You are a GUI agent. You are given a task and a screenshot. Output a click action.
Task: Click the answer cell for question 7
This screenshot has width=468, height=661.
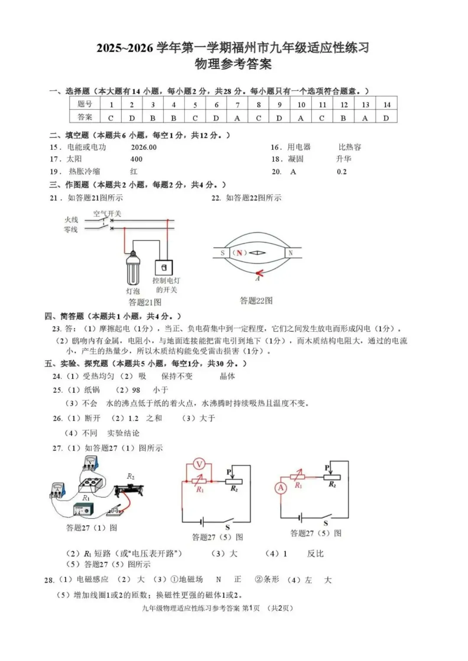click(x=237, y=118)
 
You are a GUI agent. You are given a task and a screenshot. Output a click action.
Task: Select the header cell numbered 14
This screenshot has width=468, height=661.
click(x=387, y=105)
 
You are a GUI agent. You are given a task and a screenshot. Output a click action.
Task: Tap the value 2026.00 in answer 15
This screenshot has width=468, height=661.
click(x=144, y=147)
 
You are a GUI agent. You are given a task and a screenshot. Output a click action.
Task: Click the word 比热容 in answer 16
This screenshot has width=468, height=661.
click(x=350, y=147)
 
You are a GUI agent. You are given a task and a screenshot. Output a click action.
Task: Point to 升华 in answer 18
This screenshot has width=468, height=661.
click(x=344, y=159)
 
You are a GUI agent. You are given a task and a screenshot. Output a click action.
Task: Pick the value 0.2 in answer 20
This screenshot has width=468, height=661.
click(x=341, y=172)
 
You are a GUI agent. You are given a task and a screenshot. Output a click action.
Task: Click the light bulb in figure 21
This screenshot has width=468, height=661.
click(x=133, y=268)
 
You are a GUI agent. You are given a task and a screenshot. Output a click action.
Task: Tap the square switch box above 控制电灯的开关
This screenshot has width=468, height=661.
click(x=164, y=268)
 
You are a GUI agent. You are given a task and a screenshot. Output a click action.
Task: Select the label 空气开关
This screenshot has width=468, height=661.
click(x=107, y=213)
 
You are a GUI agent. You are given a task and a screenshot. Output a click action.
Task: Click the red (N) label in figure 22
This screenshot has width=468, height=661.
click(x=239, y=253)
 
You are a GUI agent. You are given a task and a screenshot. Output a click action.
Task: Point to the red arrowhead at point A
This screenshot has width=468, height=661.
click(x=259, y=273)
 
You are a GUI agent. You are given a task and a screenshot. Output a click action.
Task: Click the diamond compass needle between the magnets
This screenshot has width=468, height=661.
click(x=257, y=253)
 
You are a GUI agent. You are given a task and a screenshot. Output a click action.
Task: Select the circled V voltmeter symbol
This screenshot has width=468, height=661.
click(x=199, y=464)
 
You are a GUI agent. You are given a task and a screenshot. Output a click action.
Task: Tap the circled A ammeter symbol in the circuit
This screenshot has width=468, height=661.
click(x=281, y=488)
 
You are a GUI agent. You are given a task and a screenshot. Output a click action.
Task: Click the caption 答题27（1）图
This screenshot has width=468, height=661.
click(x=91, y=528)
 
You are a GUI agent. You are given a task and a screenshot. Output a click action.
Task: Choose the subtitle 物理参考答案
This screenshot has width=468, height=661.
click(x=233, y=64)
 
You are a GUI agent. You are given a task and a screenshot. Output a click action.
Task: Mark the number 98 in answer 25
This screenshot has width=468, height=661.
click(x=136, y=390)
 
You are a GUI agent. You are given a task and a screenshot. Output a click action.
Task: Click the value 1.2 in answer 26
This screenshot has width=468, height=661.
click(x=133, y=418)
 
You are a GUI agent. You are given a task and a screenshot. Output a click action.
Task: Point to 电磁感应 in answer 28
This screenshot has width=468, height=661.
click(x=92, y=579)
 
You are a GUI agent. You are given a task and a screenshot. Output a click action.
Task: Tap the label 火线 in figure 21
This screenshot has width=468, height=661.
click(x=71, y=220)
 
